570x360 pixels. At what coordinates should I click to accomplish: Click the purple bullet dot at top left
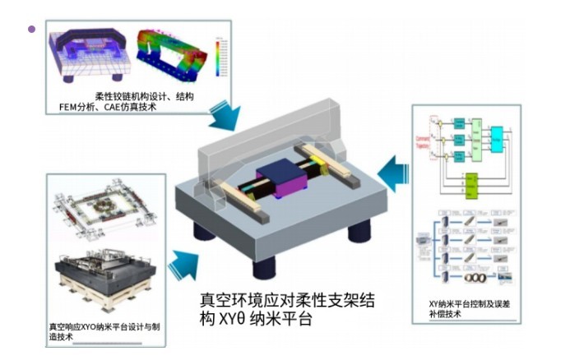click(x=32, y=30)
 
